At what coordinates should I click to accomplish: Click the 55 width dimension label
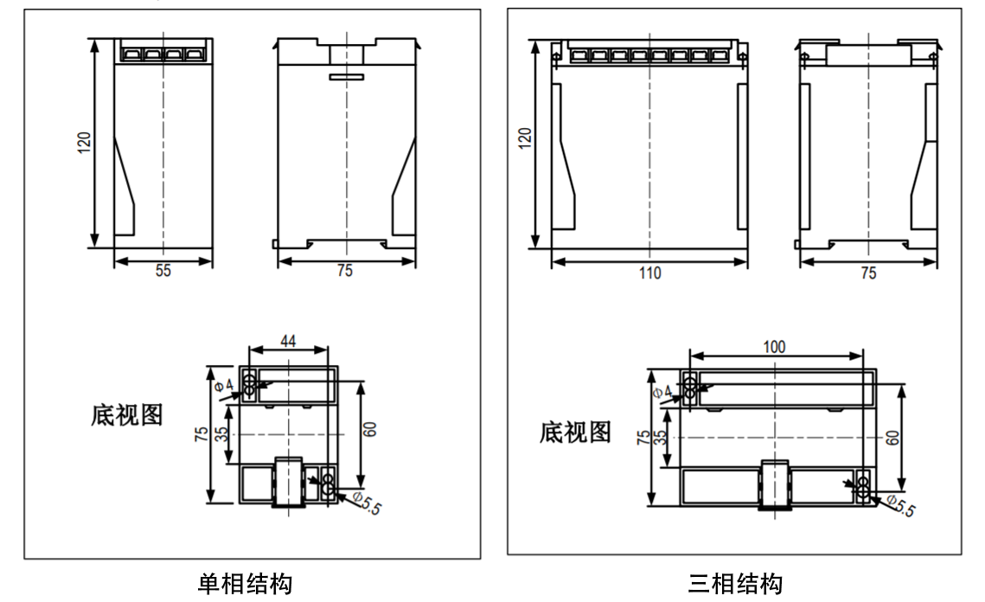pos(163,271)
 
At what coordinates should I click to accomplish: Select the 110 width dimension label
pos(649,273)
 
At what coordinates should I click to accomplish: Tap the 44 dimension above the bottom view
pos(288,343)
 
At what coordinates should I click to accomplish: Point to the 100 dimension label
pos(774,346)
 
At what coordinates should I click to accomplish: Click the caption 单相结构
pos(245,584)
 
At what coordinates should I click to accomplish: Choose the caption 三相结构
pos(735,584)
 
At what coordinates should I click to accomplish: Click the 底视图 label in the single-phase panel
pos(126,415)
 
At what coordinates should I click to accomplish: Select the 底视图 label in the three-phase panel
pos(575,432)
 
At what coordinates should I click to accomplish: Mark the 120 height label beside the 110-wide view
pos(525,139)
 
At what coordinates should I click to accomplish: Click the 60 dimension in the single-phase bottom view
pos(370,430)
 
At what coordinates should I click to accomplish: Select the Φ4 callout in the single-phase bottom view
pos(224,382)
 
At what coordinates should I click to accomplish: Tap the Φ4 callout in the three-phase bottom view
pos(662,392)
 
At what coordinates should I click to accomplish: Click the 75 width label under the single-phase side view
pos(344,271)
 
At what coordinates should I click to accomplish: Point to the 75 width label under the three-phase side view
pos(868,273)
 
